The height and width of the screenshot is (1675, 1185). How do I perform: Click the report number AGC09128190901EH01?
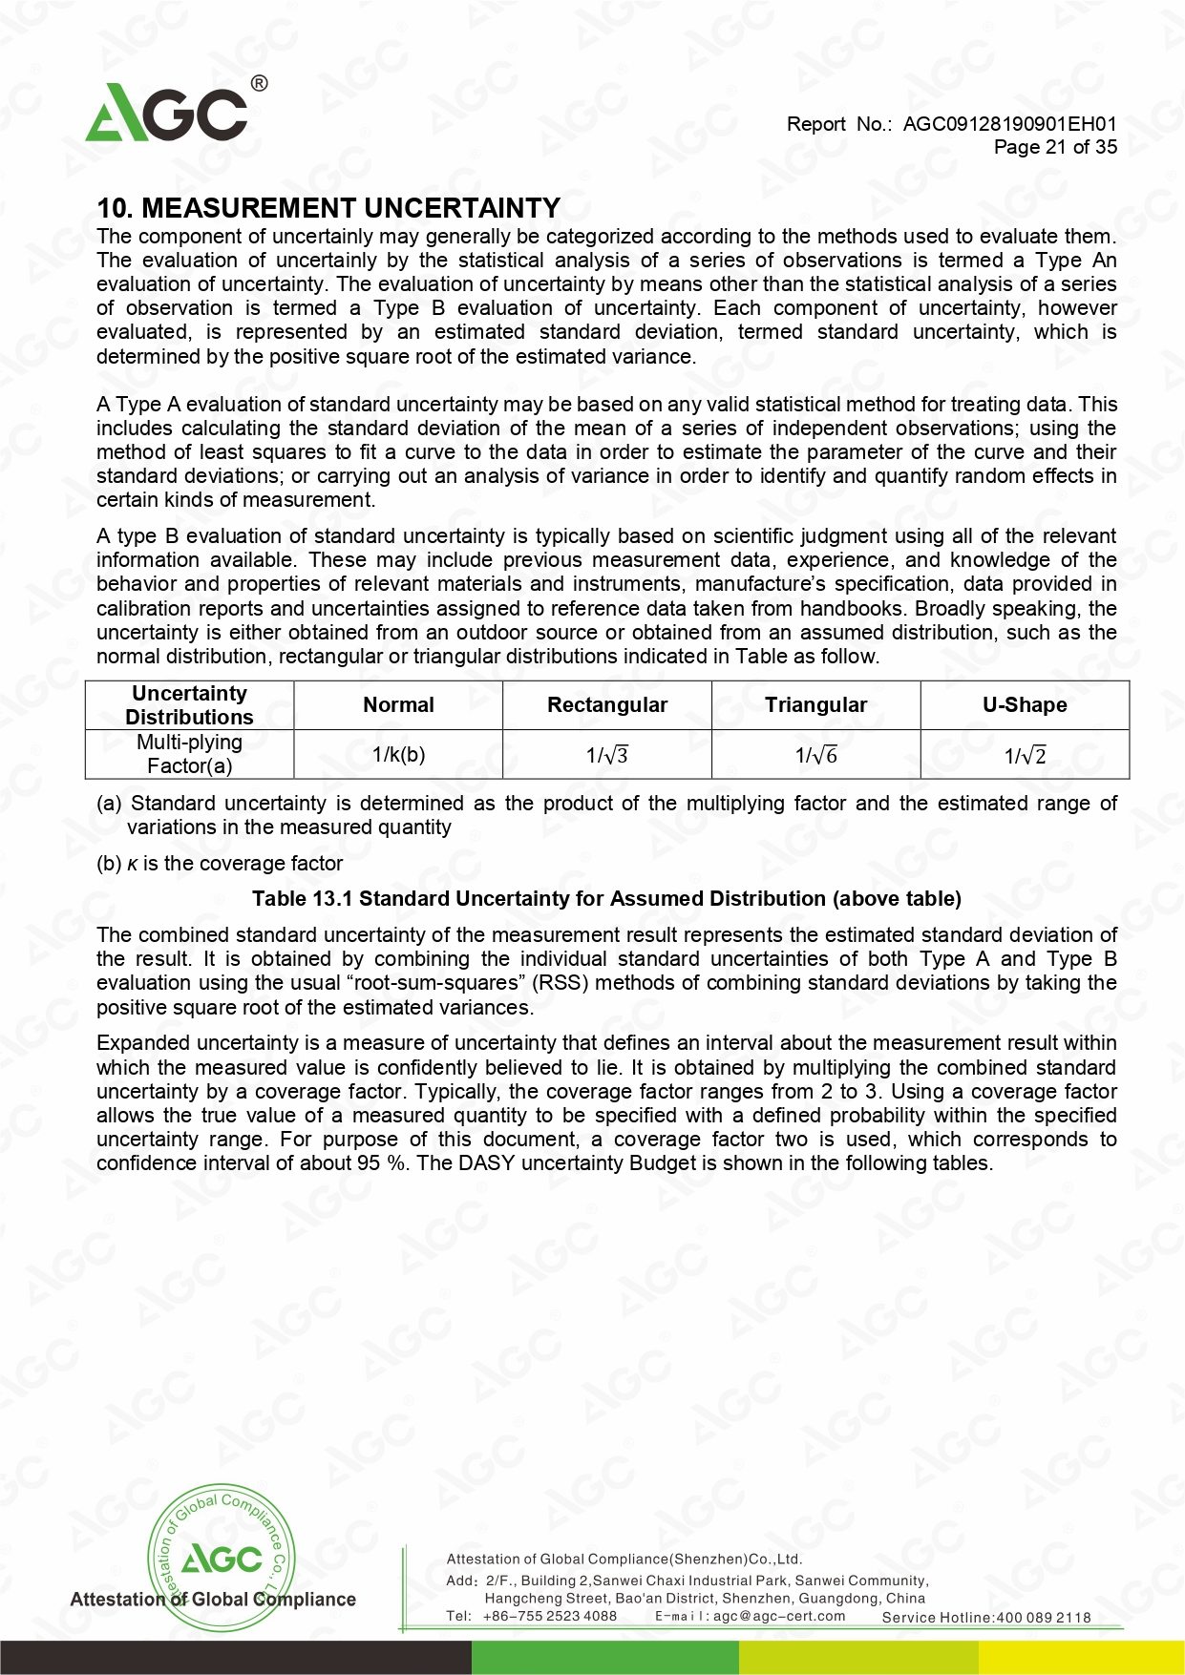pyautogui.click(x=1009, y=124)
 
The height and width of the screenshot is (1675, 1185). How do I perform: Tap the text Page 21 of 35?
pyautogui.click(x=1055, y=147)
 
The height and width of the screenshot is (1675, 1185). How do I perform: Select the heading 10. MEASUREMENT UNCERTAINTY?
pyautogui.click(x=328, y=208)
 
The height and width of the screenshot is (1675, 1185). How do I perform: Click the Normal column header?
pyautogui.click(x=398, y=705)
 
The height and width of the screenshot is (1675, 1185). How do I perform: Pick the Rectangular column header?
pyautogui.click(x=607, y=705)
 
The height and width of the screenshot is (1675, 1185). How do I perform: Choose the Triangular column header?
pyautogui.click(x=815, y=705)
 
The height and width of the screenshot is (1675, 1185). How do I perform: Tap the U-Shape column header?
pyautogui.click(x=1025, y=705)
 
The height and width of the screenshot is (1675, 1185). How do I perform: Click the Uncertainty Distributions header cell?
pyautogui.click(x=189, y=705)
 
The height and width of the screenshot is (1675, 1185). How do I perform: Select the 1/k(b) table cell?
pyautogui.click(x=398, y=755)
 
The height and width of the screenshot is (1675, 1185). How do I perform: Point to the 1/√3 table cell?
pyautogui.click(x=607, y=755)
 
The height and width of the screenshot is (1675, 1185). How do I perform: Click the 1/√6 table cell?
pyautogui.click(x=815, y=755)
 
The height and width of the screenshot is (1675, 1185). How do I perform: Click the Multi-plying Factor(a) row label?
pyautogui.click(x=189, y=754)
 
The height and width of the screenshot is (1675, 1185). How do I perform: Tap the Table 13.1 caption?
pyautogui.click(x=606, y=899)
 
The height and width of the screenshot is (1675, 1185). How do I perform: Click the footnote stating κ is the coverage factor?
pyautogui.click(x=220, y=864)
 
